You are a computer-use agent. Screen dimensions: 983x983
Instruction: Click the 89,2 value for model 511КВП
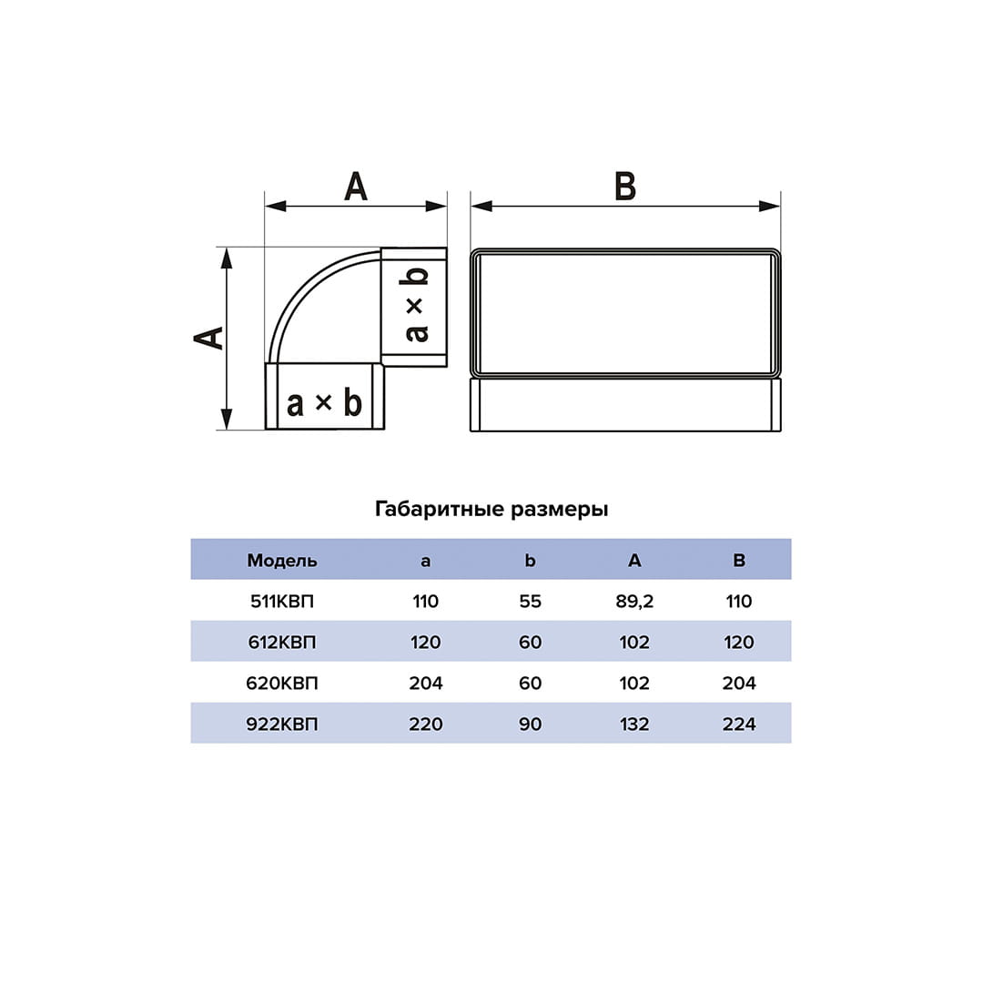634,602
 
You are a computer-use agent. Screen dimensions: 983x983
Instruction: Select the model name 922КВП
282,725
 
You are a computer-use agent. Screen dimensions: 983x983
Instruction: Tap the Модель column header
282,561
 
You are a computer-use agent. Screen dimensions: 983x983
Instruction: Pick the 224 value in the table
739,725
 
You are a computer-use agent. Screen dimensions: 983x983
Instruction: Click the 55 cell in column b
531,602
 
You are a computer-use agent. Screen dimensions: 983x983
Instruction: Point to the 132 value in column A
634,725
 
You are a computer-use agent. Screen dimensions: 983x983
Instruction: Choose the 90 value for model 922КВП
531,725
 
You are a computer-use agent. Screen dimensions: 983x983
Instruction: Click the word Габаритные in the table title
440,509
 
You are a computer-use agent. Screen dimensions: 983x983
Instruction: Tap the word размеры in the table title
559,511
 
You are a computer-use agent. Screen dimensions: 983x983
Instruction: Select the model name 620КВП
282,683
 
